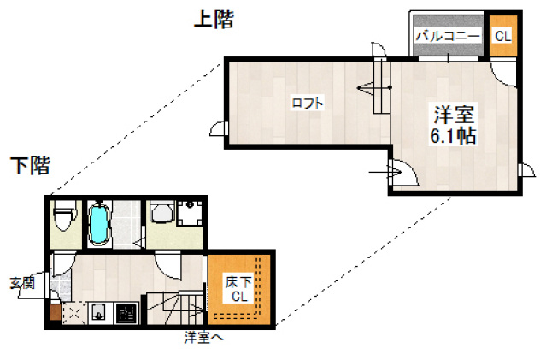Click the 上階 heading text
point(214,20)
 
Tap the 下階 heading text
point(30,166)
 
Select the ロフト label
point(308,103)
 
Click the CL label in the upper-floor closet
point(502,36)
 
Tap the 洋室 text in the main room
point(453,114)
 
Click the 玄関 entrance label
point(22,283)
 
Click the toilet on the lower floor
point(64,221)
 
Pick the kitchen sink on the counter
point(99,313)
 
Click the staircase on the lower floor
point(175,307)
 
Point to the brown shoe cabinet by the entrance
point(56,312)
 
